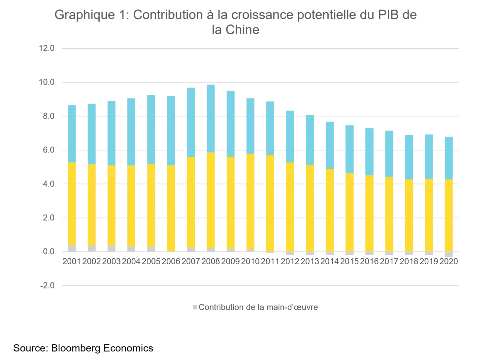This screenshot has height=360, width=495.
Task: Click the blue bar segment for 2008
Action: (x=211, y=118)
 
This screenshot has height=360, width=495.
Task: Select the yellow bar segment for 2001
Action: (x=72, y=203)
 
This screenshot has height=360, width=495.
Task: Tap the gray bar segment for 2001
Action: (x=72, y=248)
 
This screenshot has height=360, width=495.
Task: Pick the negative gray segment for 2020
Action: (x=449, y=254)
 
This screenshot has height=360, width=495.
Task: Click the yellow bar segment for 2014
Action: (x=330, y=210)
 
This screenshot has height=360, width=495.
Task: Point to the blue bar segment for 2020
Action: (x=449, y=158)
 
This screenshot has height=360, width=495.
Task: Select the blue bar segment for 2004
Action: (x=131, y=132)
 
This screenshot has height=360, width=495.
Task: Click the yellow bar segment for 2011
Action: (x=270, y=203)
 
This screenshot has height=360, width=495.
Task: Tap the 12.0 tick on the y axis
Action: (x=47, y=49)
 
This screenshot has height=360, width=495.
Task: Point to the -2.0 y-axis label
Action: (x=47, y=285)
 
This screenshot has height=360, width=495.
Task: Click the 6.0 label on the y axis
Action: (x=48, y=150)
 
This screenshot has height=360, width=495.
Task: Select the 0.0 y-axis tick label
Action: (x=48, y=252)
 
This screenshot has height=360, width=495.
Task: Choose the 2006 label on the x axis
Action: (x=171, y=262)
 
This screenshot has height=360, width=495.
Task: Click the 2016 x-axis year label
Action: (x=369, y=262)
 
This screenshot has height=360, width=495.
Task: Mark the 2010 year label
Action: (x=250, y=262)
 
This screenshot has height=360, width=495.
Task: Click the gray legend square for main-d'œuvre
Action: (x=195, y=307)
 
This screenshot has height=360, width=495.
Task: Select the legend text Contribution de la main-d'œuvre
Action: (x=258, y=307)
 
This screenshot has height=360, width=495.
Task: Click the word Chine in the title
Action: (x=243, y=30)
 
